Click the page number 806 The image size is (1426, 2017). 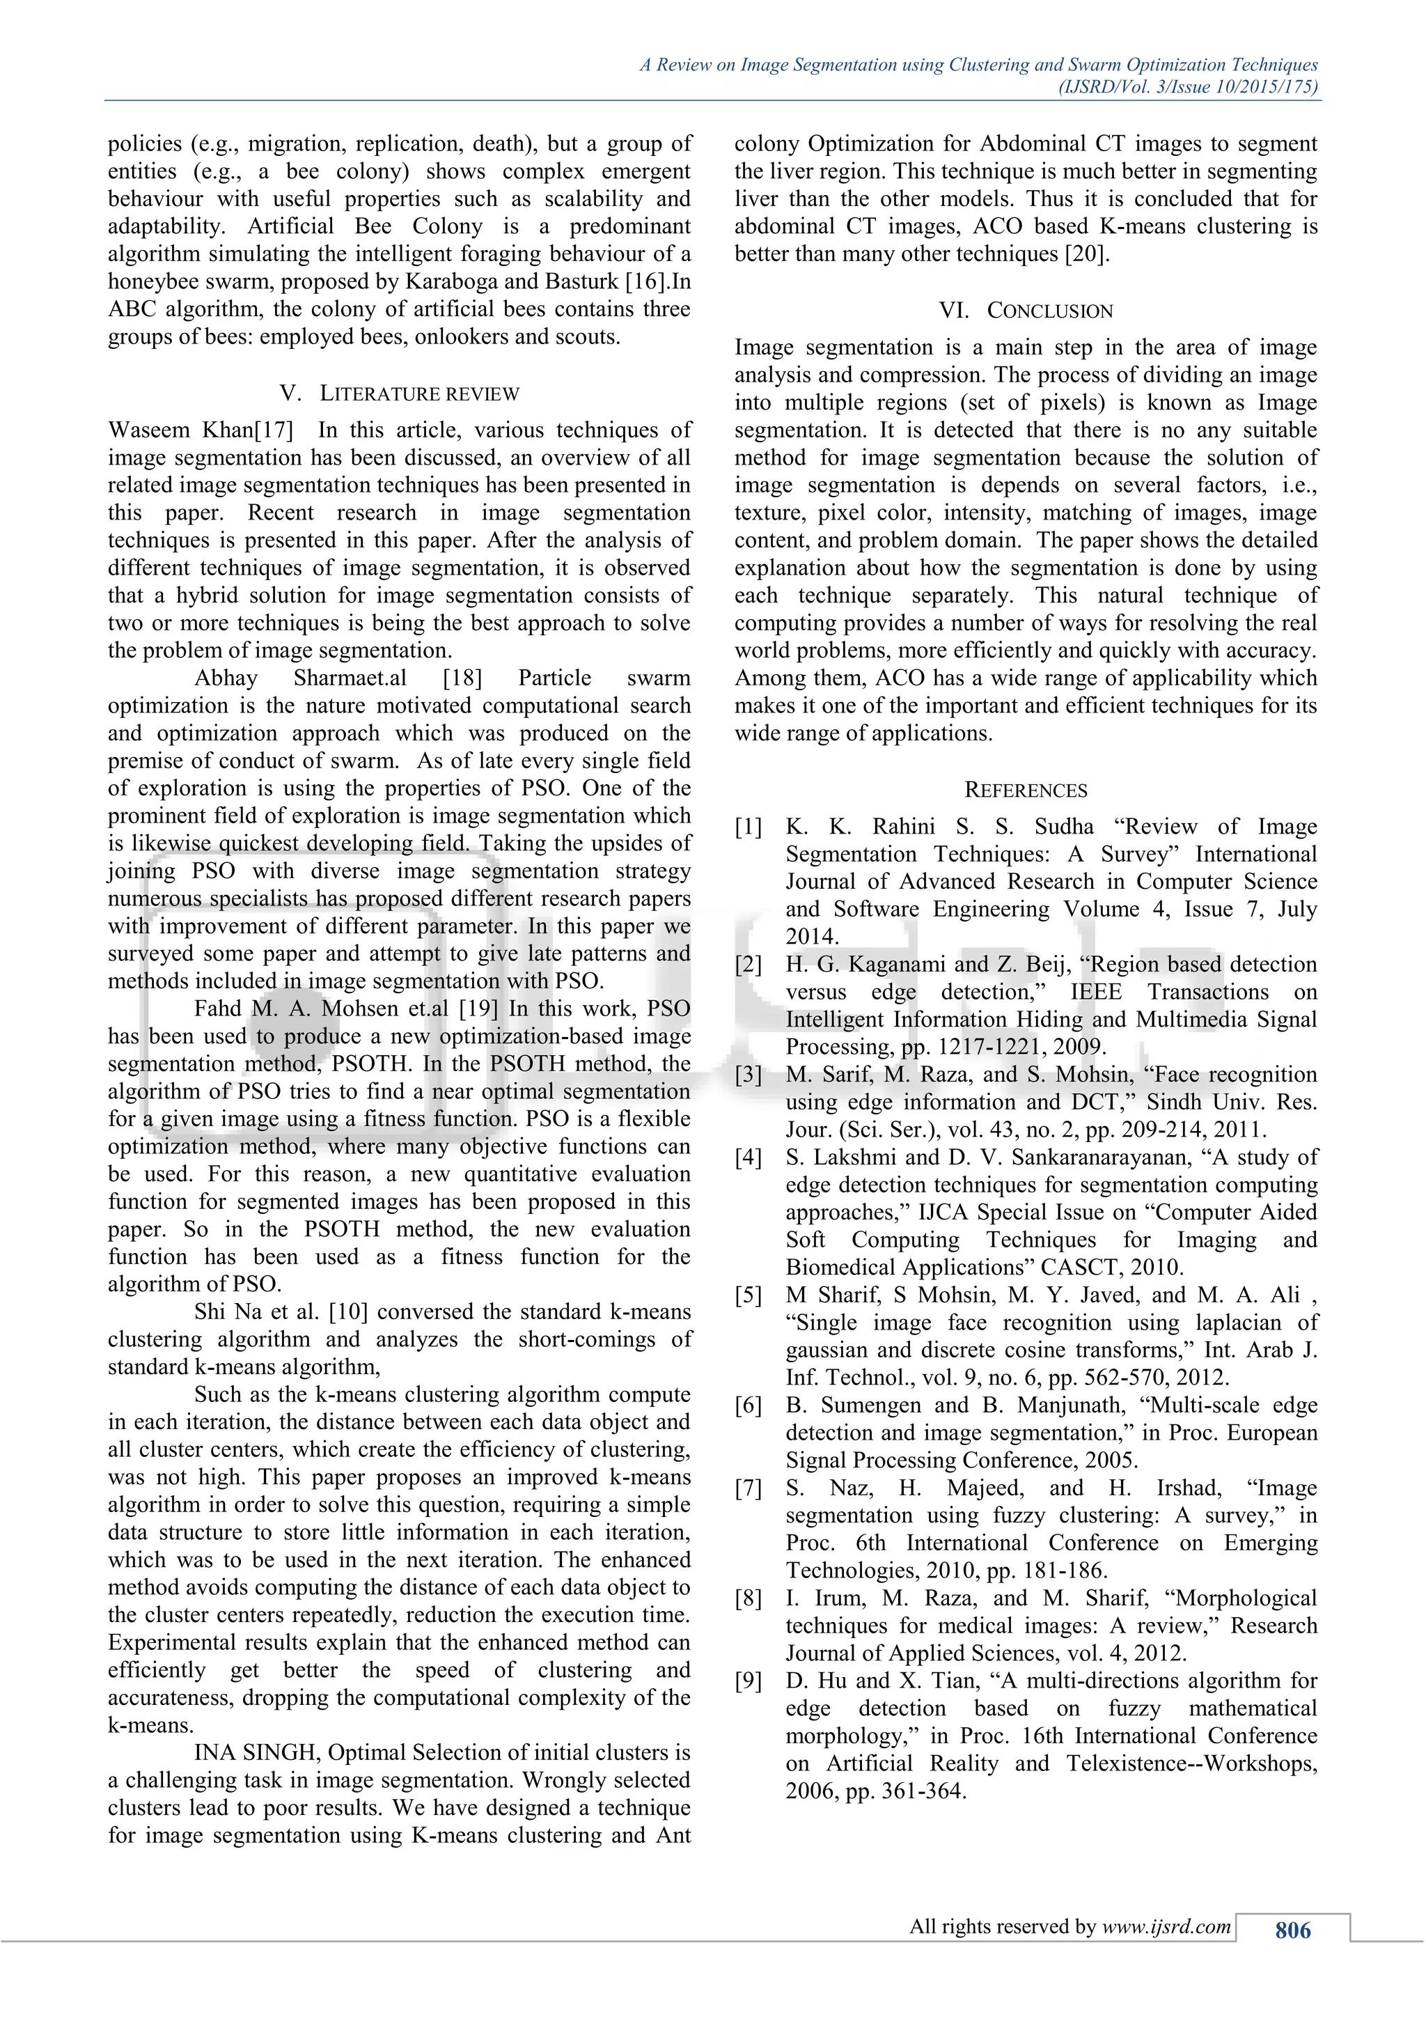[x=1292, y=1929]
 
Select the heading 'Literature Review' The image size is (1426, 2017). [x=419, y=394]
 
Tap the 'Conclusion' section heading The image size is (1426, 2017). [x=1049, y=311]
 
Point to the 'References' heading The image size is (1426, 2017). [x=1026, y=790]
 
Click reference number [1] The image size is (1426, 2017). [x=748, y=827]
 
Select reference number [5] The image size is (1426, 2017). [x=748, y=1295]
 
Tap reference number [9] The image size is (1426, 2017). [x=748, y=1682]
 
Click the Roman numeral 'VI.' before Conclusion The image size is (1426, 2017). [x=954, y=311]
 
